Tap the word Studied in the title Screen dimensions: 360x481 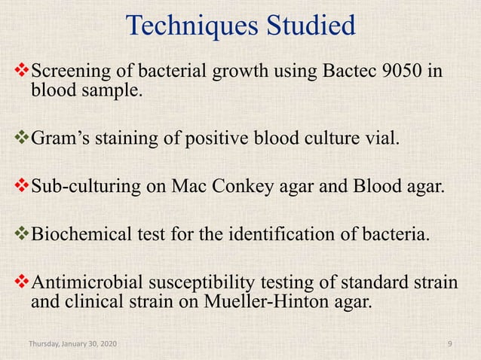(309, 27)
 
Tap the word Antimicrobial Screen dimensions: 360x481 (84, 285)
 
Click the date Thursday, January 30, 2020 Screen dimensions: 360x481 (72, 344)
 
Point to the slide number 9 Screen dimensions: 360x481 (449, 344)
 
